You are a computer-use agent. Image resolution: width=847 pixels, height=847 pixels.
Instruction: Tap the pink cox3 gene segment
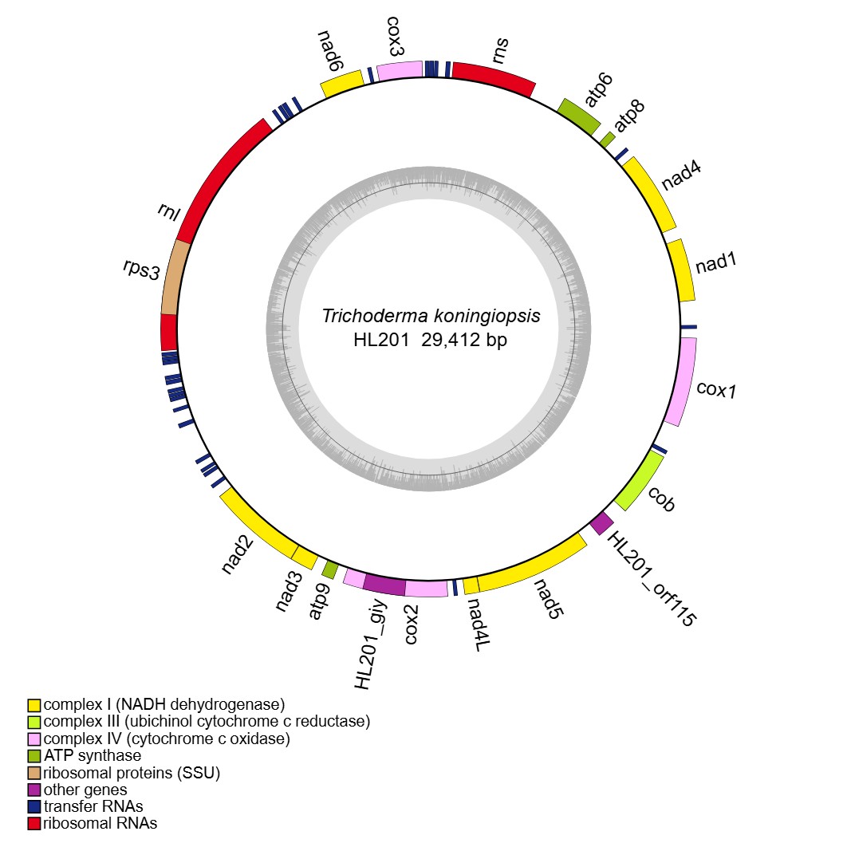click(x=399, y=71)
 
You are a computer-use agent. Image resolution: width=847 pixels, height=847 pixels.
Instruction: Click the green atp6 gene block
click(x=579, y=116)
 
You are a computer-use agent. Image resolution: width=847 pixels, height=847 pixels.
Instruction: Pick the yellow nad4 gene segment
click(x=650, y=192)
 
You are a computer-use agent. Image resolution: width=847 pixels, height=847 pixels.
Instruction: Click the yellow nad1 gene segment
click(x=681, y=270)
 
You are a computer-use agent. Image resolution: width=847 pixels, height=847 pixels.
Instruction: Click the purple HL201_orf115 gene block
click(x=602, y=523)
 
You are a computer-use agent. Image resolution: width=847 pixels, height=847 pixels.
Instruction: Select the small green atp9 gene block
click(x=329, y=569)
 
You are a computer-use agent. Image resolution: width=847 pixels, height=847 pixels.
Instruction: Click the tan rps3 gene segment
click(x=175, y=278)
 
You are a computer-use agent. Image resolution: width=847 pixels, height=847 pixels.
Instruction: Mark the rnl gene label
click(x=169, y=213)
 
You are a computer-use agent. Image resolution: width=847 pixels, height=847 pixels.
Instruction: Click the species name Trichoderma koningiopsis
click(x=431, y=316)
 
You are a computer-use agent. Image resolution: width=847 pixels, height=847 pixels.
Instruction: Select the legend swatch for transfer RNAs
click(x=33, y=806)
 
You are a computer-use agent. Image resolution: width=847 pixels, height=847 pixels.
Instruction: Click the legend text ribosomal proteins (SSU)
click(x=132, y=772)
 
